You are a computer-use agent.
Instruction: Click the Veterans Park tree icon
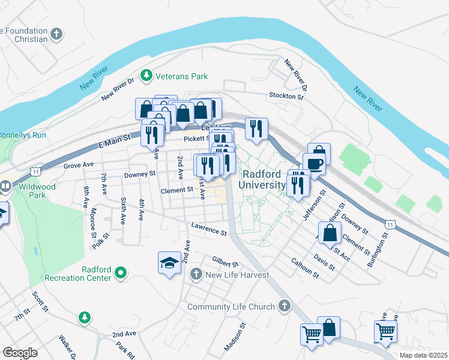[145, 76]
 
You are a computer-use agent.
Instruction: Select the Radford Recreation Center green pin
[121, 273]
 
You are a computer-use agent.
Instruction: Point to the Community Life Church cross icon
[285, 307]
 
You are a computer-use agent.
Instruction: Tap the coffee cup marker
[313, 163]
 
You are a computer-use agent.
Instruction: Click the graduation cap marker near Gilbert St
[169, 262]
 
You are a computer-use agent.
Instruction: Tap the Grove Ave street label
[79, 164]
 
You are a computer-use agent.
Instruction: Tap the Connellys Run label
[22, 135]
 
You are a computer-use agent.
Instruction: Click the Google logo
[20, 352]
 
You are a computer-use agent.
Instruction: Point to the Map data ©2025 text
[423, 355]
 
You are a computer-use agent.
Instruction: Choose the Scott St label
[40, 301]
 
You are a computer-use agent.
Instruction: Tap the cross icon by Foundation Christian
[57, 33]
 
